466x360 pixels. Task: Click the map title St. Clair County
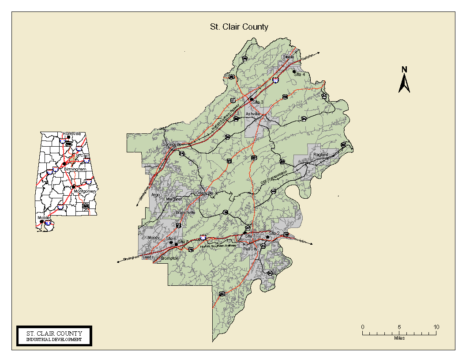click(x=239, y=27)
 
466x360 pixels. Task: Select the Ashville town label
click(x=253, y=114)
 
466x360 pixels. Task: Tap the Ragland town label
click(x=321, y=155)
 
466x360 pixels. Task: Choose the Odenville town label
click(x=204, y=193)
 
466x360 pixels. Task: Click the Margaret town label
click(x=173, y=199)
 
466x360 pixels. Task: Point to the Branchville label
click(x=185, y=212)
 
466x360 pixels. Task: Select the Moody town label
click(x=154, y=238)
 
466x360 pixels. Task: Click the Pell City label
click(x=250, y=249)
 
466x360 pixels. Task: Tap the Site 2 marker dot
click(x=267, y=237)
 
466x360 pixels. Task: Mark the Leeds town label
click(x=148, y=257)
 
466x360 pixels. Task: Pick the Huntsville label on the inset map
click(x=72, y=133)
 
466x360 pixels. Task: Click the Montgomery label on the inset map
click(x=85, y=191)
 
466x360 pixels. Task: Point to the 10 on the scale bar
click(x=436, y=327)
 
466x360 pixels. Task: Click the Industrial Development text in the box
click(x=54, y=340)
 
